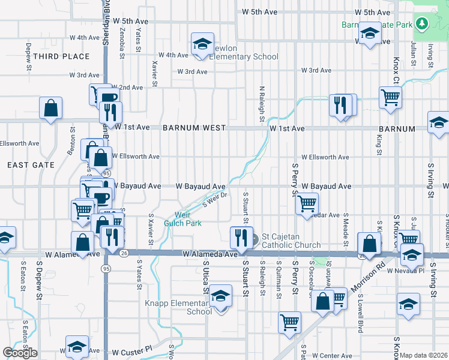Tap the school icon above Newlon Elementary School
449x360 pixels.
click(202, 44)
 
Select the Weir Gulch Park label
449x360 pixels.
click(183, 219)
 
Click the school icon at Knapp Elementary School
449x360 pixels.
click(220, 298)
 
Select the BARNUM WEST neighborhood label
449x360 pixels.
click(194, 128)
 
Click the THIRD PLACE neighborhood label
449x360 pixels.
click(61, 56)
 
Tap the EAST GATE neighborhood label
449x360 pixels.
click(31, 164)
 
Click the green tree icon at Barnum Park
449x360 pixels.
click(423, 23)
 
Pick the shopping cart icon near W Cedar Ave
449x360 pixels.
click(307, 203)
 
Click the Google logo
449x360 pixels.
click(20, 353)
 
